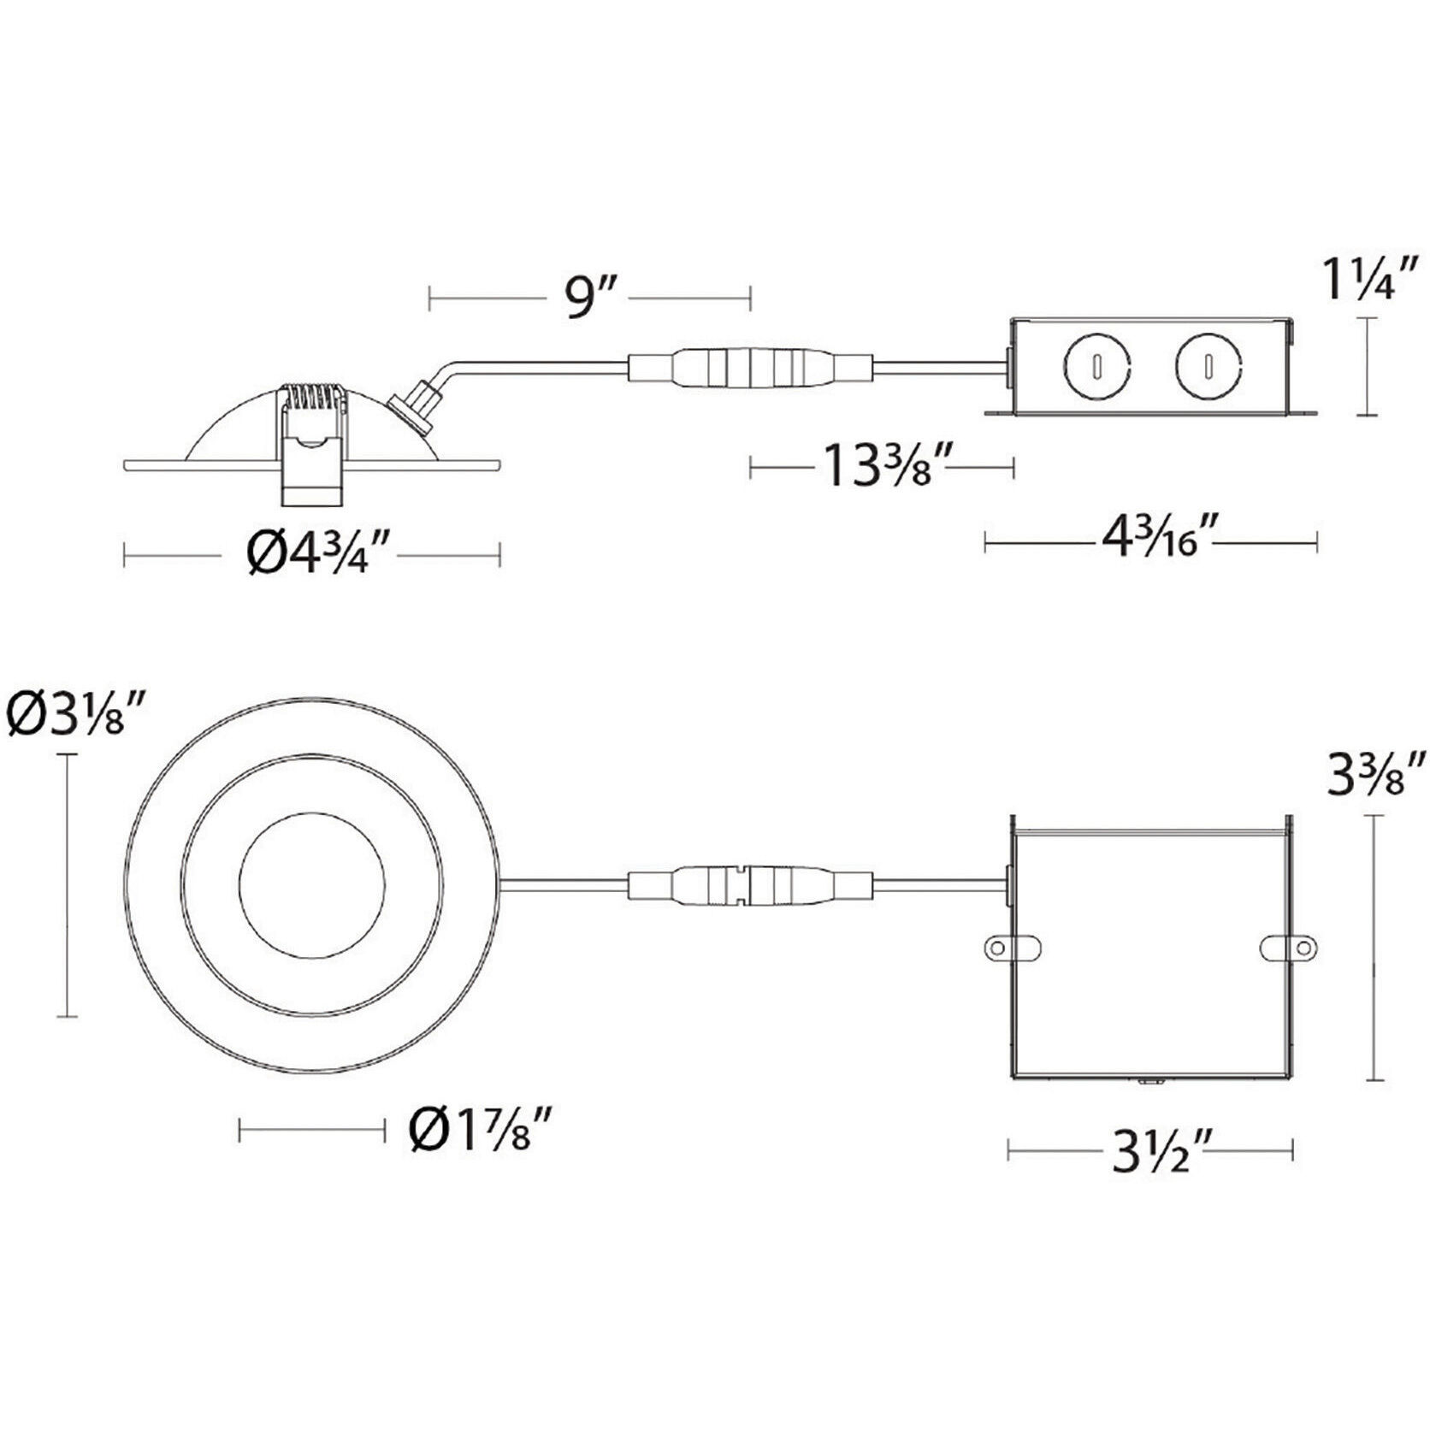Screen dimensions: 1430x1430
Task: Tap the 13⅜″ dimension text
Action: pyautogui.click(x=882, y=467)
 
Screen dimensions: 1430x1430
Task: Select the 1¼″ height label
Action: pyautogui.click(x=1369, y=278)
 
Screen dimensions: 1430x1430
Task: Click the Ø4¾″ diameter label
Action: pyautogui.click(x=321, y=556)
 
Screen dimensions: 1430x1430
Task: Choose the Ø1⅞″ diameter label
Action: pyautogui.click(x=476, y=1132)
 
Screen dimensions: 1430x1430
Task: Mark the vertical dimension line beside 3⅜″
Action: pyautogui.click(x=1374, y=948)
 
